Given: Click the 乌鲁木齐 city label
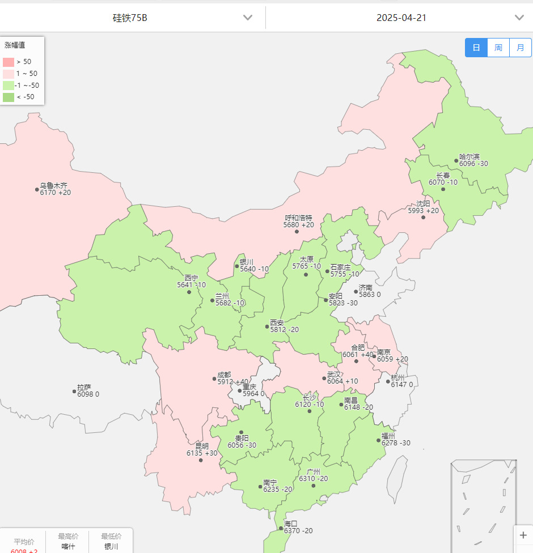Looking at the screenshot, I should (53, 185).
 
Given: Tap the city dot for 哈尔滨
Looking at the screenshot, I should (456, 160).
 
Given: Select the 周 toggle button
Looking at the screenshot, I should (498, 48).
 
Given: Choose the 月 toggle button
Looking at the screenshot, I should (520, 48).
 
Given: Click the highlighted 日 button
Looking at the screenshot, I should (476, 48).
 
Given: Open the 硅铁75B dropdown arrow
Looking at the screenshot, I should (248, 18).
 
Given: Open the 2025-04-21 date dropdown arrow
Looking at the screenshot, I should (519, 18).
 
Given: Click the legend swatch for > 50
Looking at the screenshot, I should (9, 62).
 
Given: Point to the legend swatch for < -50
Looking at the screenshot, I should (9, 97).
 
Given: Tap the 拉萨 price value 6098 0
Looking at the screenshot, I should (88, 394).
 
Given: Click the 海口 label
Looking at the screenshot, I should (290, 524).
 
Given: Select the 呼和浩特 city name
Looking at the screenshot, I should (298, 218).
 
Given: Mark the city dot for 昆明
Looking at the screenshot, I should (201, 460).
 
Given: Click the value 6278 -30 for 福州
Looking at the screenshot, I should (396, 443).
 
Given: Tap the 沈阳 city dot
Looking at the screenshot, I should (423, 217).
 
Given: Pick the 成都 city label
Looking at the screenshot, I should (224, 375).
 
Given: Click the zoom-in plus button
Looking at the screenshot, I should (523, 535).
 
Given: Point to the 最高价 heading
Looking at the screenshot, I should (68, 536).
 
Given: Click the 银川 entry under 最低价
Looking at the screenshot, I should (111, 547).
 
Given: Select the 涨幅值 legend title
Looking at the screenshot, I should (15, 45).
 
